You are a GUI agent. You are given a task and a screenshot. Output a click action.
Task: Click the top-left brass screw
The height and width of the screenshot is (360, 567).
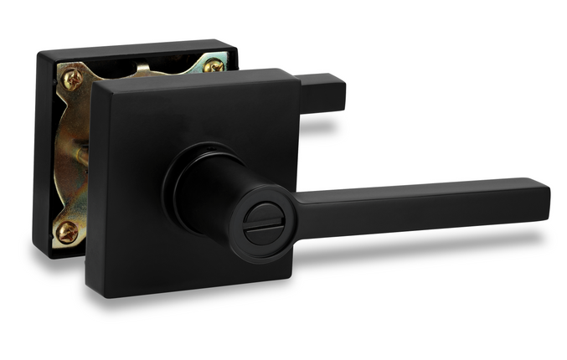[73, 80]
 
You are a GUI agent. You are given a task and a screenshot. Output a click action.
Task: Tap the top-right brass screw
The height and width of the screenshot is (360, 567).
[214, 64]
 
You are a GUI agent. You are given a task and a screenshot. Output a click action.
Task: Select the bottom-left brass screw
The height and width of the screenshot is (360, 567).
[67, 231]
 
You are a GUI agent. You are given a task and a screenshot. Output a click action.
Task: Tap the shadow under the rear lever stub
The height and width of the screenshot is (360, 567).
[322, 126]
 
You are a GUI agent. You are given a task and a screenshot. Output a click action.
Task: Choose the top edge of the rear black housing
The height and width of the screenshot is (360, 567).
[134, 47]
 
